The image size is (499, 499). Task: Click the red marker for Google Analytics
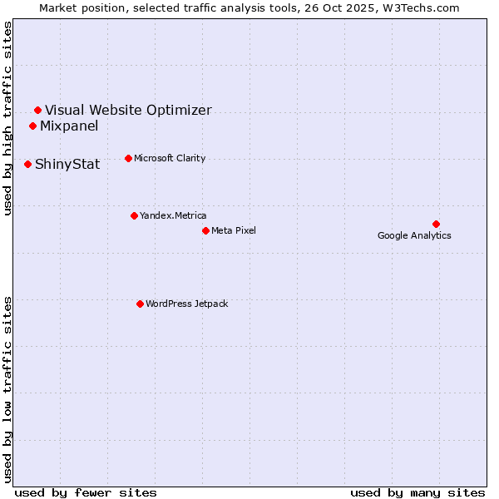click(x=436, y=224)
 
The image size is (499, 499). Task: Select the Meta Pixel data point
click(x=205, y=230)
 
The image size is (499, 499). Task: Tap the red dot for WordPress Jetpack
click(x=140, y=304)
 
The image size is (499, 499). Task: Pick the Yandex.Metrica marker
click(x=134, y=215)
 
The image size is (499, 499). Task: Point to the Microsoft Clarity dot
click(x=128, y=158)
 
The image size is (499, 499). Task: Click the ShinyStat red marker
click(x=27, y=164)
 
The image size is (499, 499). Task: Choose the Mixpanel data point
click(x=32, y=126)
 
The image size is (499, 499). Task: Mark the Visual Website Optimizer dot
click(x=37, y=110)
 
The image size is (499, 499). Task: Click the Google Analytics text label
click(x=414, y=235)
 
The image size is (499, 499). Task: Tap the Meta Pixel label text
click(x=234, y=230)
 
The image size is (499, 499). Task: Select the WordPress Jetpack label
click(x=186, y=304)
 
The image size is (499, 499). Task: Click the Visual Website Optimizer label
click(x=128, y=110)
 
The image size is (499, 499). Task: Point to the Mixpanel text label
click(x=69, y=126)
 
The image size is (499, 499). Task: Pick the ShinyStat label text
click(x=67, y=164)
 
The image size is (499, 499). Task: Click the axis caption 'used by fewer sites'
click(x=86, y=492)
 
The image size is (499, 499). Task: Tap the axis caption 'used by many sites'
click(x=417, y=492)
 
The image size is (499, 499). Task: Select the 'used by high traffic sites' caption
click(x=8, y=118)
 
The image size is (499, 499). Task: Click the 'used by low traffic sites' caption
click(x=8, y=389)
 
